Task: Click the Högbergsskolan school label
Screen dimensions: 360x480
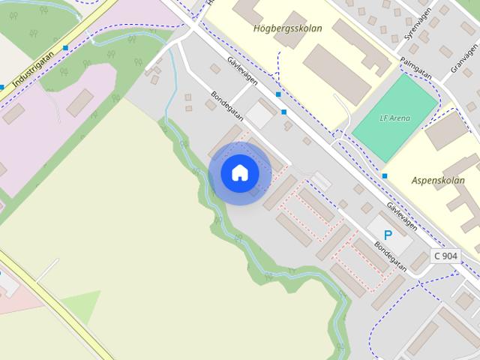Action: point(288,28)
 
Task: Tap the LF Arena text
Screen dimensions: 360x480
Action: point(394,118)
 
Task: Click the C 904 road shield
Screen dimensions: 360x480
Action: point(445,256)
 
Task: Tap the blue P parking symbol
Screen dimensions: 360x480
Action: point(388,235)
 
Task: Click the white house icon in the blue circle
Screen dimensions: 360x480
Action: point(239,173)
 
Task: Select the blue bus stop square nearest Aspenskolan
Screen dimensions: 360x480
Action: point(385,175)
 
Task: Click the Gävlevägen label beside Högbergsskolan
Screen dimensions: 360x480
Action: point(242,73)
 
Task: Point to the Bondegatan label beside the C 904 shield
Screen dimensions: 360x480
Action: point(391,255)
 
